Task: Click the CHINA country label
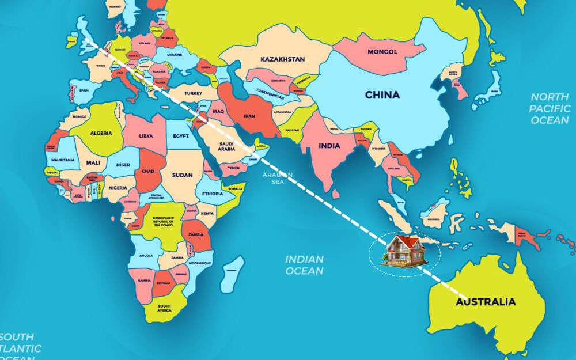(x=382, y=95)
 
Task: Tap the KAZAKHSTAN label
(x=282, y=59)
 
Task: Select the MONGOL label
(x=382, y=52)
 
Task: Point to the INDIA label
(x=329, y=146)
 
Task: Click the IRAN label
(x=249, y=116)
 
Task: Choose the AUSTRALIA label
(x=486, y=302)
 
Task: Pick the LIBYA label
(x=146, y=137)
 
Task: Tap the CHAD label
(x=147, y=172)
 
